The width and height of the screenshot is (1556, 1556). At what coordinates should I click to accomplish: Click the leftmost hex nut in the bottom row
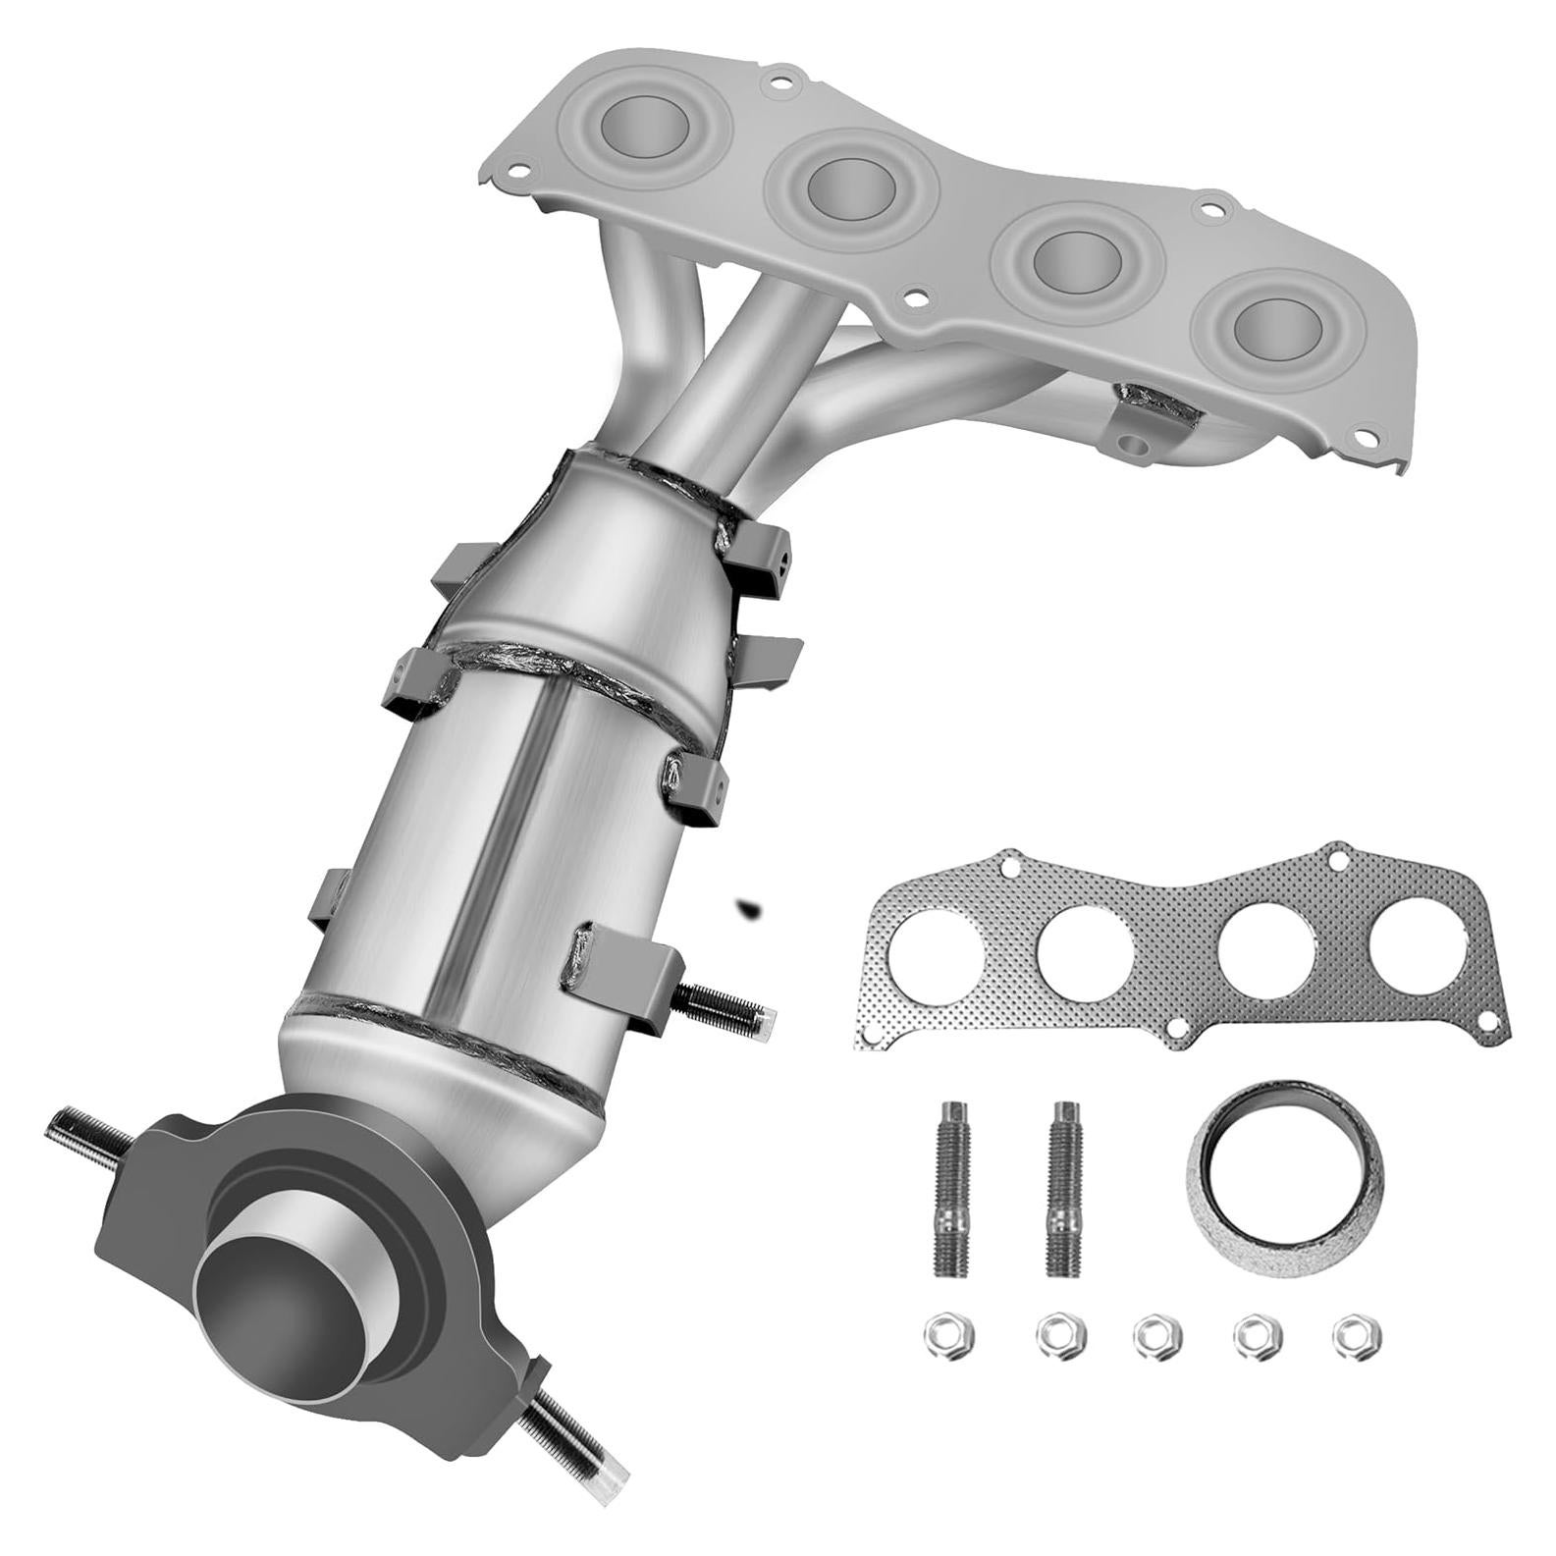943,1335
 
